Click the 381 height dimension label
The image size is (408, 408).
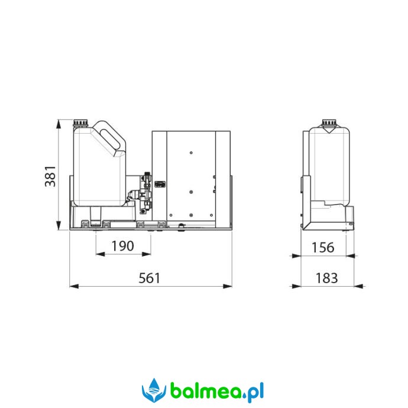50,176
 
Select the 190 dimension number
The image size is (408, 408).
123,246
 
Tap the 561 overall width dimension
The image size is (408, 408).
150,278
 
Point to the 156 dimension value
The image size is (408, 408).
323,247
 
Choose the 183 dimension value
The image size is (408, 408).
327,278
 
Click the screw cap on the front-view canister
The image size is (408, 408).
80,122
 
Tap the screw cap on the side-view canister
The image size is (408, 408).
329,122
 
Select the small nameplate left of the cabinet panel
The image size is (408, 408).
160,184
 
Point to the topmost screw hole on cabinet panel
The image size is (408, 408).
191,153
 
